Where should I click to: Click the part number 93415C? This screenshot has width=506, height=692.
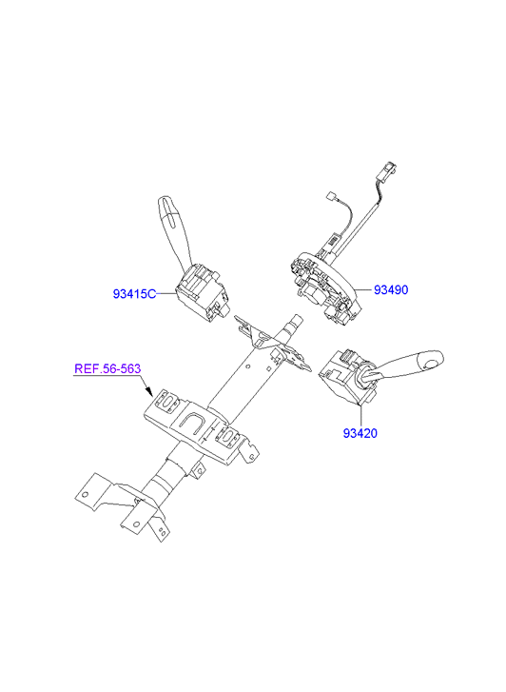[x=134, y=294]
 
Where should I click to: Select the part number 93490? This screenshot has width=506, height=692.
[x=391, y=290]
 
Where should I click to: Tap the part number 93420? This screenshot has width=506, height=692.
[x=360, y=433]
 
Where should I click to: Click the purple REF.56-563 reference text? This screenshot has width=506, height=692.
[x=107, y=368]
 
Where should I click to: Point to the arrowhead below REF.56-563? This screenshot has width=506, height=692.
[x=148, y=391]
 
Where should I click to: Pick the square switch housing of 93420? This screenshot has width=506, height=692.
[x=347, y=376]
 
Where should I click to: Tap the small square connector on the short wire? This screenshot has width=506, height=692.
[x=329, y=195]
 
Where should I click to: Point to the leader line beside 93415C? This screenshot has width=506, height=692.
[x=165, y=293]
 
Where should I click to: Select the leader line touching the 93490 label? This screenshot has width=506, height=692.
[x=364, y=289]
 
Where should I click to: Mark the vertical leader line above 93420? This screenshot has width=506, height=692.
[x=360, y=415]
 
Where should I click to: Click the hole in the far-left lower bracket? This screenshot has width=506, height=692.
[x=86, y=494]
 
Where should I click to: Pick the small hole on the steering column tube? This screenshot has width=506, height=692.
[x=248, y=366]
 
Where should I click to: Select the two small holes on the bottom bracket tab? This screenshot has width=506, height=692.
[x=163, y=531]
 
